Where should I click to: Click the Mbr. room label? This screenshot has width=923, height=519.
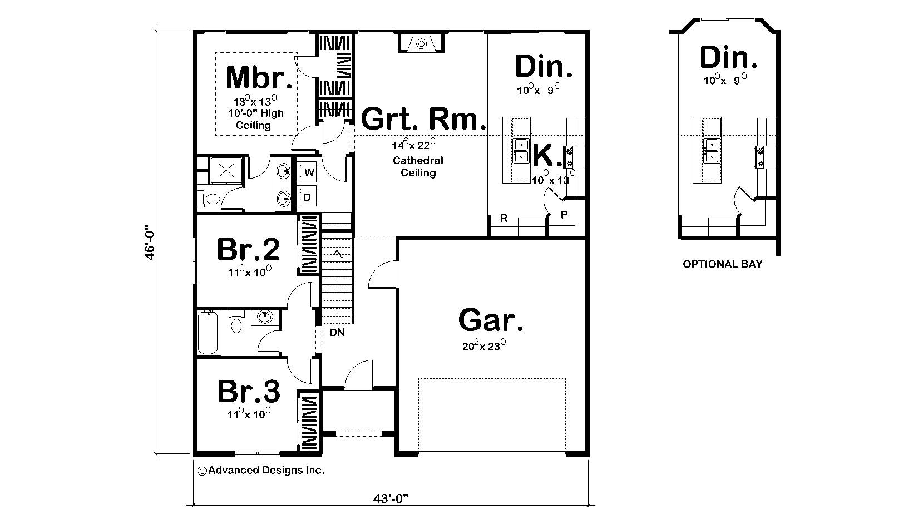click(x=259, y=78)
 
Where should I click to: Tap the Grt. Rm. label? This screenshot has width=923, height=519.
click(x=423, y=118)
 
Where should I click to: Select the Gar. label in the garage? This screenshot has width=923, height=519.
click(x=491, y=320)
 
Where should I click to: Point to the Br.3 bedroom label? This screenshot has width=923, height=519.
click(x=248, y=392)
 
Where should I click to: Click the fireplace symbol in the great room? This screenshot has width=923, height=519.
click(x=421, y=43)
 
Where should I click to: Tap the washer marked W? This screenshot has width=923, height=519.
click(x=309, y=172)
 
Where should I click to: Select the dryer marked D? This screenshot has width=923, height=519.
click(x=307, y=197)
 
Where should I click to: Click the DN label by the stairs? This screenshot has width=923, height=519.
click(x=337, y=333)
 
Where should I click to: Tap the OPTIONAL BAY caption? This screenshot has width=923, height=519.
click(x=722, y=264)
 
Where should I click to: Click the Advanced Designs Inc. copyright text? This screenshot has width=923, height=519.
click(x=261, y=470)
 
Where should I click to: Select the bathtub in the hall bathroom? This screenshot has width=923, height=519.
click(x=209, y=333)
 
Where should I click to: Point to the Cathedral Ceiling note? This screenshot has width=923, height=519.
click(x=418, y=166)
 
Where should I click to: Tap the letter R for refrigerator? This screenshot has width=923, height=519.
click(x=504, y=218)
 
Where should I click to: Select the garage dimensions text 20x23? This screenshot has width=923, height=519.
click(x=483, y=345)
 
